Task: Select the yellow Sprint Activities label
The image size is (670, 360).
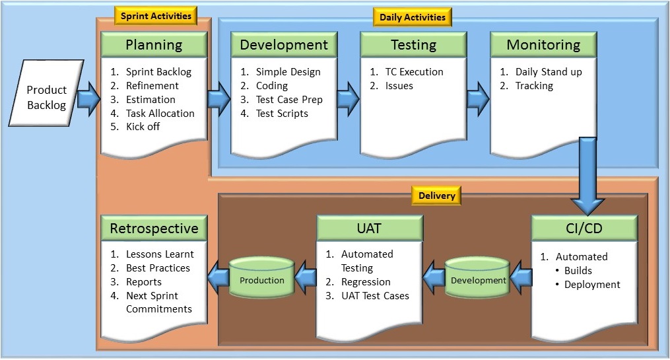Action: [x=156, y=16]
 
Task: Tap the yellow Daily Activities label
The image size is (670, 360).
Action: [x=413, y=17]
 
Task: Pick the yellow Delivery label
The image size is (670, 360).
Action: [x=436, y=196]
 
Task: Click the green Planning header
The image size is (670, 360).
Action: [x=154, y=45]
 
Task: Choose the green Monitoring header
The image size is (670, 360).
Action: [x=543, y=45]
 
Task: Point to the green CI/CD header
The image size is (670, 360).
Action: [x=584, y=228]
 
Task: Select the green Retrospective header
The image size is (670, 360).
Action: [x=154, y=229]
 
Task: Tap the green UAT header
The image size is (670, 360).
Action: [x=369, y=229]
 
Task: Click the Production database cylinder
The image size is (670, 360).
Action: [x=261, y=280]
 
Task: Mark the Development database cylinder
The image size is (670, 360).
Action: [x=477, y=280]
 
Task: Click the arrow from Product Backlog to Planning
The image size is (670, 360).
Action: [x=86, y=99]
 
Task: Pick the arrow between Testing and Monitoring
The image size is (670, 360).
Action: [x=477, y=99]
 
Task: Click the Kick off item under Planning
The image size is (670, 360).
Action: [x=143, y=127]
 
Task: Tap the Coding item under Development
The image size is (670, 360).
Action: [x=271, y=86]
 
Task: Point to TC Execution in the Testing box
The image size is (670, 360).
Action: [x=414, y=72]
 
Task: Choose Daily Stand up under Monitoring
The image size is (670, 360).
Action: [x=548, y=72]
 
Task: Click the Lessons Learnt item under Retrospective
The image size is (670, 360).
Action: [x=160, y=254]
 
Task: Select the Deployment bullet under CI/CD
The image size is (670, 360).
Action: [x=592, y=285]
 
